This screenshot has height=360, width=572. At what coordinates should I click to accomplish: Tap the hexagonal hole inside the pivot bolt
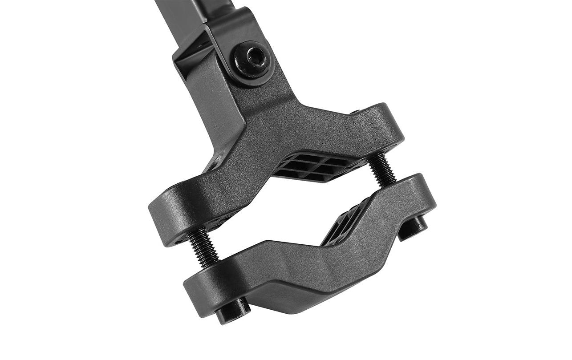pos(254,57)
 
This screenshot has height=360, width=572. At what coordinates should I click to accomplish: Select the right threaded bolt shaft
pos(381,169)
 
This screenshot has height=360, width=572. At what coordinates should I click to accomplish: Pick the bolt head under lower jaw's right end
pos(413,227)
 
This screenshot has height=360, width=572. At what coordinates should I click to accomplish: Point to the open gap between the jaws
pos(285,209)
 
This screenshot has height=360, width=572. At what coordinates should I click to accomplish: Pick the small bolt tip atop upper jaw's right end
pos(355,112)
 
